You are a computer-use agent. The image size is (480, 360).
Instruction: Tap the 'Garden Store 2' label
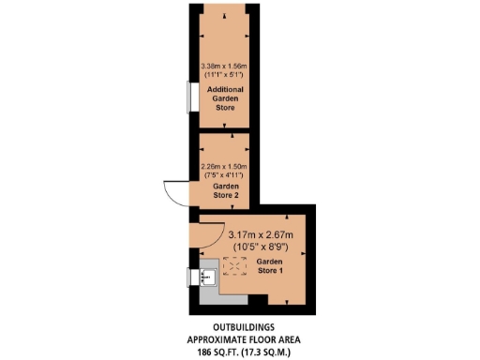click(x=224, y=191)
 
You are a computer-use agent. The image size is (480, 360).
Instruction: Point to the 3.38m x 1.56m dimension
click(x=225, y=66)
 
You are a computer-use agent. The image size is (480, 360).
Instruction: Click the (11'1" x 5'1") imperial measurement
click(x=225, y=75)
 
